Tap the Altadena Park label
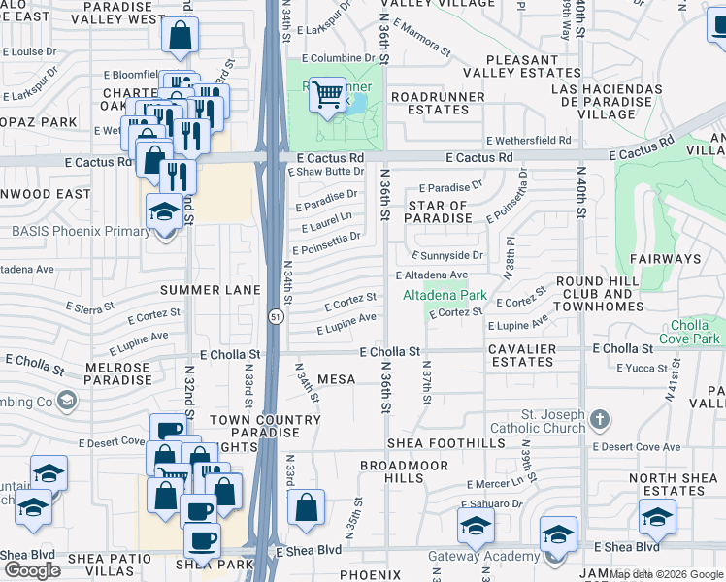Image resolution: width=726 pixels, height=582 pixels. point(445,293)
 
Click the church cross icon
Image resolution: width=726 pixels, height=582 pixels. point(600,420)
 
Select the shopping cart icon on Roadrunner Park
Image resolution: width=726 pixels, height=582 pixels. point(328,94)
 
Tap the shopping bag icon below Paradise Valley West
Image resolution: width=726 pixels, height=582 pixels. point(181,36)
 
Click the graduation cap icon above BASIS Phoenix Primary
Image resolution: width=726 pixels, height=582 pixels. point(163,210)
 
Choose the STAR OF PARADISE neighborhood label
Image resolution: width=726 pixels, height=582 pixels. point(438,211)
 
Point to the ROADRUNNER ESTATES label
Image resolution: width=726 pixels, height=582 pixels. point(430,104)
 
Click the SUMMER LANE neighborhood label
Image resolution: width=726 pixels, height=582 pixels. point(211,290)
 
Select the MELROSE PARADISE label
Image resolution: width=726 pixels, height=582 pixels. point(118,373)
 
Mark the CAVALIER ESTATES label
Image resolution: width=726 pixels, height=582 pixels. point(522,355)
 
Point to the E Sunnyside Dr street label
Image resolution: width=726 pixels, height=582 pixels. point(446,255)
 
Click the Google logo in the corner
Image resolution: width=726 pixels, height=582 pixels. point(32,570)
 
